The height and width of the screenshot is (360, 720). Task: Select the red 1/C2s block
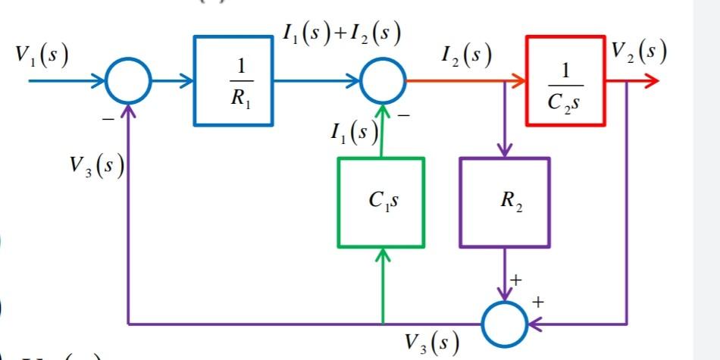564,80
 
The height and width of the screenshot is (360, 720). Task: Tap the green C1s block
380,202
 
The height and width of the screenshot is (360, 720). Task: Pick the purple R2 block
504,202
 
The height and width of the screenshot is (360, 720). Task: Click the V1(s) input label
42,55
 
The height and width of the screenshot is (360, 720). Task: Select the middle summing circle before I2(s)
382,80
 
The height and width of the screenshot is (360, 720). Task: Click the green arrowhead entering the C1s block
381,257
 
